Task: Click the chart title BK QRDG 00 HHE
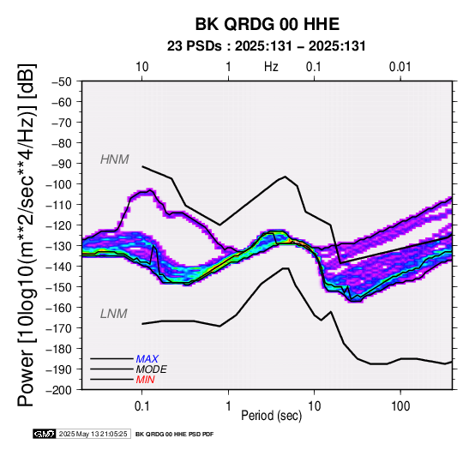268,24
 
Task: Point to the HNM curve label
115,159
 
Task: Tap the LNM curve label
113,314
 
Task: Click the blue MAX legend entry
147,359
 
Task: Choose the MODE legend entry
151,369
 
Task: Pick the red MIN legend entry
145,380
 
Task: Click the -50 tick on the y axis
62,81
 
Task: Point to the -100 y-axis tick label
59,184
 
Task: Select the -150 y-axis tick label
59,287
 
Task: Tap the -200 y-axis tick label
59,390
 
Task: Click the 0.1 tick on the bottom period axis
141,405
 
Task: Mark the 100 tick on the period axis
400,405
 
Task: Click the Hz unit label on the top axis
271,67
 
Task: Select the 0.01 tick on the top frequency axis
400,67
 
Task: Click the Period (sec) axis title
272,416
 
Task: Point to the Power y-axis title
27,235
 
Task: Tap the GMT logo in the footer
45,434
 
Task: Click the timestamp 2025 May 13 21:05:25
93,434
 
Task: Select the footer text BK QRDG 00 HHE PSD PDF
175,435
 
